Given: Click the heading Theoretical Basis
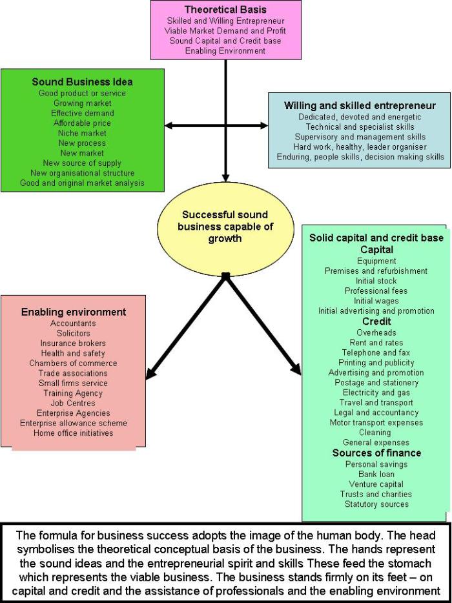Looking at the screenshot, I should [x=225, y=10].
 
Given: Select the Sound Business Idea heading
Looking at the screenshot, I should [x=82, y=82].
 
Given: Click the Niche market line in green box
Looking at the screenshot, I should [x=82, y=133].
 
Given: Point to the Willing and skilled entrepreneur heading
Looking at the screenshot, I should [x=360, y=105].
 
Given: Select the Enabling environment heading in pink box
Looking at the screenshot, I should [x=74, y=312].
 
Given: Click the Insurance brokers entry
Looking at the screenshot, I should [x=73, y=343].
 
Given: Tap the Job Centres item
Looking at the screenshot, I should [x=73, y=403].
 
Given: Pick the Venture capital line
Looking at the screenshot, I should [x=376, y=484].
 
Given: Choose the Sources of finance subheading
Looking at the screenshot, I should [x=376, y=453].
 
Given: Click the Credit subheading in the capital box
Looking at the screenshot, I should [x=376, y=322].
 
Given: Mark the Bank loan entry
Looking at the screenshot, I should [x=376, y=474].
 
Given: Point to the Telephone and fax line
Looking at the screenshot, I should [x=376, y=353].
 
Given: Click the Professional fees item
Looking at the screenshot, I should [x=376, y=291].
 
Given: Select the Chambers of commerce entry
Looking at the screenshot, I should [x=73, y=363].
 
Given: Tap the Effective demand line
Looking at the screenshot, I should [x=82, y=113].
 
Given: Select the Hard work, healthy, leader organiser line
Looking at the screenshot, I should [x=360, y=147].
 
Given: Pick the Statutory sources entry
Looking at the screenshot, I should [x=376, y=504].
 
